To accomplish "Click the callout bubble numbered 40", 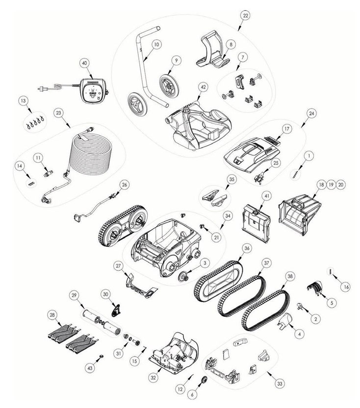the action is [x=84, y=63].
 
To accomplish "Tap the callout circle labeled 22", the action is [x=245, y=16].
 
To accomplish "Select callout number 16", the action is [x=346, y=287].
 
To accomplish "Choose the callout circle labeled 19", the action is [x=331, y=184].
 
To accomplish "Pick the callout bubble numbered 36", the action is [x=247, y=248].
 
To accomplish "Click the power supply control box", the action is [x=93, y=91].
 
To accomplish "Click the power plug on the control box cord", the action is [x=40, y=89].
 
